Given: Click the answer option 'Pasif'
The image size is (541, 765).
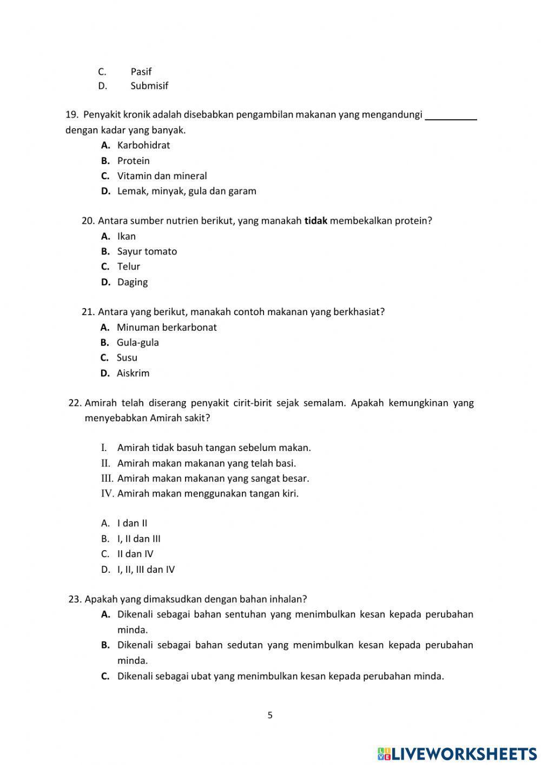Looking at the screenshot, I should pos(141,71).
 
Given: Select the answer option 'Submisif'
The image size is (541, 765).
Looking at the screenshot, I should pos(149,86).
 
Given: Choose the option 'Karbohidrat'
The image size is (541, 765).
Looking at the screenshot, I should pos(143,145).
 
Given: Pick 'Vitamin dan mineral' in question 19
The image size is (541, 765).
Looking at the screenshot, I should pos(162,176).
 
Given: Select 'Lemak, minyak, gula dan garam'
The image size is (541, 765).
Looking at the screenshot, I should pos(187,191).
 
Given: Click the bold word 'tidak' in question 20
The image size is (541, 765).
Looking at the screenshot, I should pos(316,221).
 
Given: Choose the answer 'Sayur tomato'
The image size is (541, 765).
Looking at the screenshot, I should pos(147,251).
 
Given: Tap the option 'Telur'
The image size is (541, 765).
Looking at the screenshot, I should pos(129,266).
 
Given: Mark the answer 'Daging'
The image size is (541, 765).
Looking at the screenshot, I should pos(132,282).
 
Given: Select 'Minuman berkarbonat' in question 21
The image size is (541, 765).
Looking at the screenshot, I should pos(167,327).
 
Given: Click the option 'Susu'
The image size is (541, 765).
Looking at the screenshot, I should pos(127,357).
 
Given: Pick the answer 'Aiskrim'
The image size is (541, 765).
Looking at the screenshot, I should pos(133,373).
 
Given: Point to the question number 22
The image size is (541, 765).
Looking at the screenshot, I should pos(75,403).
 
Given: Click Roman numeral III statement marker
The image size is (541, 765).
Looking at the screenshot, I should pos(107,478).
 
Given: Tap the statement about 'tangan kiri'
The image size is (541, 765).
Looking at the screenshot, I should pos(208,493).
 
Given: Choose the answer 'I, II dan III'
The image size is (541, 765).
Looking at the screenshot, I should pos(138,539).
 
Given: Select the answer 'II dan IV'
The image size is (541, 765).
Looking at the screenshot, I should pos(135,554).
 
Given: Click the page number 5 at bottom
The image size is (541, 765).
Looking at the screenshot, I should pos(270,715).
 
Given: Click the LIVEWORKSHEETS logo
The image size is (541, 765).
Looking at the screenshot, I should pos(457,753).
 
